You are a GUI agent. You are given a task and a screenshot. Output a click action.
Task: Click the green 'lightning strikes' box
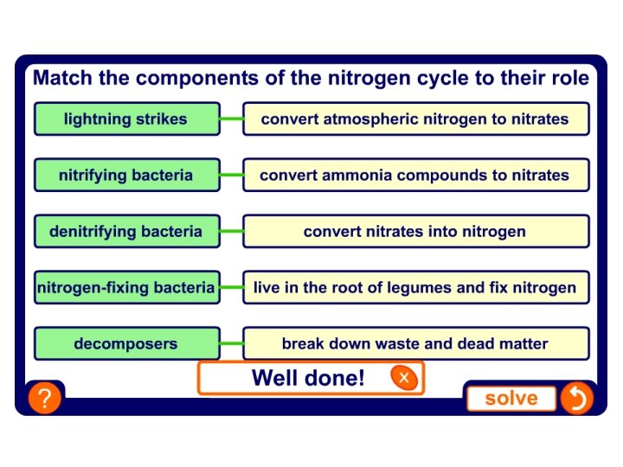(126, 119)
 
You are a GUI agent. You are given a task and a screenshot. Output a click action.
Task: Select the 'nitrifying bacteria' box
(126, 175)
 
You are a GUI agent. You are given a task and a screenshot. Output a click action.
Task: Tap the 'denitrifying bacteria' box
(126, 231)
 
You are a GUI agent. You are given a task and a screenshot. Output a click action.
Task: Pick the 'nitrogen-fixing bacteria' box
(126, 287)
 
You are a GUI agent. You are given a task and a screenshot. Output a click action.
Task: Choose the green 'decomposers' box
(126, 343)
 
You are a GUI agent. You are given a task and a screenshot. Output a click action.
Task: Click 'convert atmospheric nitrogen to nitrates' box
(415, 119)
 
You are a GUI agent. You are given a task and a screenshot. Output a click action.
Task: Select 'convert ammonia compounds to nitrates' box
(415, 175)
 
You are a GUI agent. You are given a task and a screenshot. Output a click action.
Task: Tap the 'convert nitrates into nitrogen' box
(415, 231)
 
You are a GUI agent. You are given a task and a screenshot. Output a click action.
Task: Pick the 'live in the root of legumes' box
(415, 287)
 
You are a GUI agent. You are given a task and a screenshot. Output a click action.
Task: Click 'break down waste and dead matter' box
(415, 343)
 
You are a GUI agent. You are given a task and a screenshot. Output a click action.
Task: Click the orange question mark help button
(44, 399)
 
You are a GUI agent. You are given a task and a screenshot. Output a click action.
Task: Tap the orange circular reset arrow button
(575, 398)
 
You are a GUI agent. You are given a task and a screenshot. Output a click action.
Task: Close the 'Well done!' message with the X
(403, 377)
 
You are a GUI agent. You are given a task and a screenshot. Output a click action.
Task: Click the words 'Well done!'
(308, 378)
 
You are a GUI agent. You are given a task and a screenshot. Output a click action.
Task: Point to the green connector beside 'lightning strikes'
(231, 119)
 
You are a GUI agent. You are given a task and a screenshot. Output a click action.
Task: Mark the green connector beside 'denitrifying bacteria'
(231, 231)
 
